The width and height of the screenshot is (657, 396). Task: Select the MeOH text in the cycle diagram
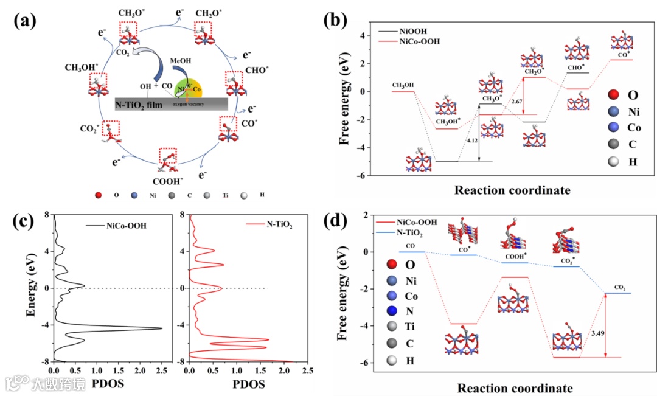click(x=182, y=61)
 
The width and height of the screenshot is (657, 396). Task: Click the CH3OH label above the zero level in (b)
click(x=403, y=85)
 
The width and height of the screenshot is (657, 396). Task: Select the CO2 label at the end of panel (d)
click(x=619, y=286)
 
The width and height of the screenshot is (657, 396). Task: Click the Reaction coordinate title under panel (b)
click(x=512, y=190)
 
